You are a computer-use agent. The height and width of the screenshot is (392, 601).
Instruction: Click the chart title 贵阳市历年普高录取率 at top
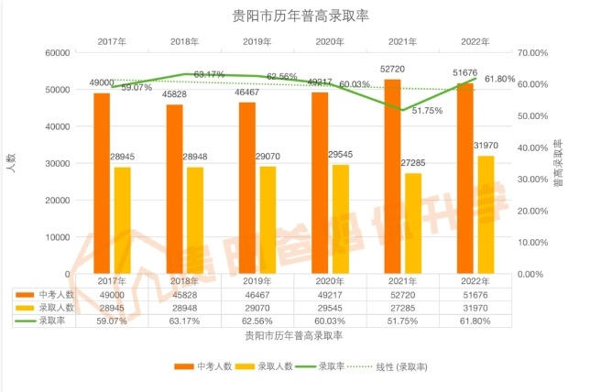point(300,16)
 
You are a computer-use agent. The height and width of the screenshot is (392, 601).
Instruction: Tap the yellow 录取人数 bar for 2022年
point(485,214)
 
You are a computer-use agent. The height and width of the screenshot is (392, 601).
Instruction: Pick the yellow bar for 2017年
point(122,220)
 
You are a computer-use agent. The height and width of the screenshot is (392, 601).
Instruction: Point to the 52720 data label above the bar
point(392,70)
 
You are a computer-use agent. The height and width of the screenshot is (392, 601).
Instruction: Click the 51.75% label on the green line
point(427,111)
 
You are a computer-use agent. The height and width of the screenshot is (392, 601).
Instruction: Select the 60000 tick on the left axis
point(57,53)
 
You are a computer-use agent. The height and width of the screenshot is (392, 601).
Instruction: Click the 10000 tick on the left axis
point(57,237)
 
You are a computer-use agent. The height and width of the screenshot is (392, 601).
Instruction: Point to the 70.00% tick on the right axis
point(532,53)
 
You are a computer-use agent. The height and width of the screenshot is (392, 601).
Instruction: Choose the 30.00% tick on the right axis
point(532,180)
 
